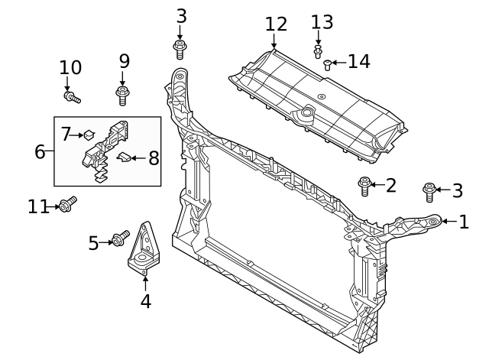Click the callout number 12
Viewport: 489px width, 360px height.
(x=276, y=24)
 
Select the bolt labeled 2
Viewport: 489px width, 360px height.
(x=365, y=185)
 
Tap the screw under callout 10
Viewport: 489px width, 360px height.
(x=73, y=97)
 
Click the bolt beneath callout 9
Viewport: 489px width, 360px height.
(x=122, y=96)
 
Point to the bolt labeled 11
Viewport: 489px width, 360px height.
(x=67, y=204)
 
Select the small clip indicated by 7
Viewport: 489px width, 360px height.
(x=89, y=135)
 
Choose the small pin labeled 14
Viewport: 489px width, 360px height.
(x=327, y=64)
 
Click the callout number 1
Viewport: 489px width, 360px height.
(x=463, y=222)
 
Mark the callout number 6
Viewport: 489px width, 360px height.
(x=40, y=151)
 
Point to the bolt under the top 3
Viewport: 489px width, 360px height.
(x=180, y=50)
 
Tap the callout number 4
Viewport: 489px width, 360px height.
(x=145, y=301)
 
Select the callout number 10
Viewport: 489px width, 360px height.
(x=70, y=68)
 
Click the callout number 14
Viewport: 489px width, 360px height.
(x=358, y=61)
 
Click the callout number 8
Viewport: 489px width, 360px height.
(x=154, y=158)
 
